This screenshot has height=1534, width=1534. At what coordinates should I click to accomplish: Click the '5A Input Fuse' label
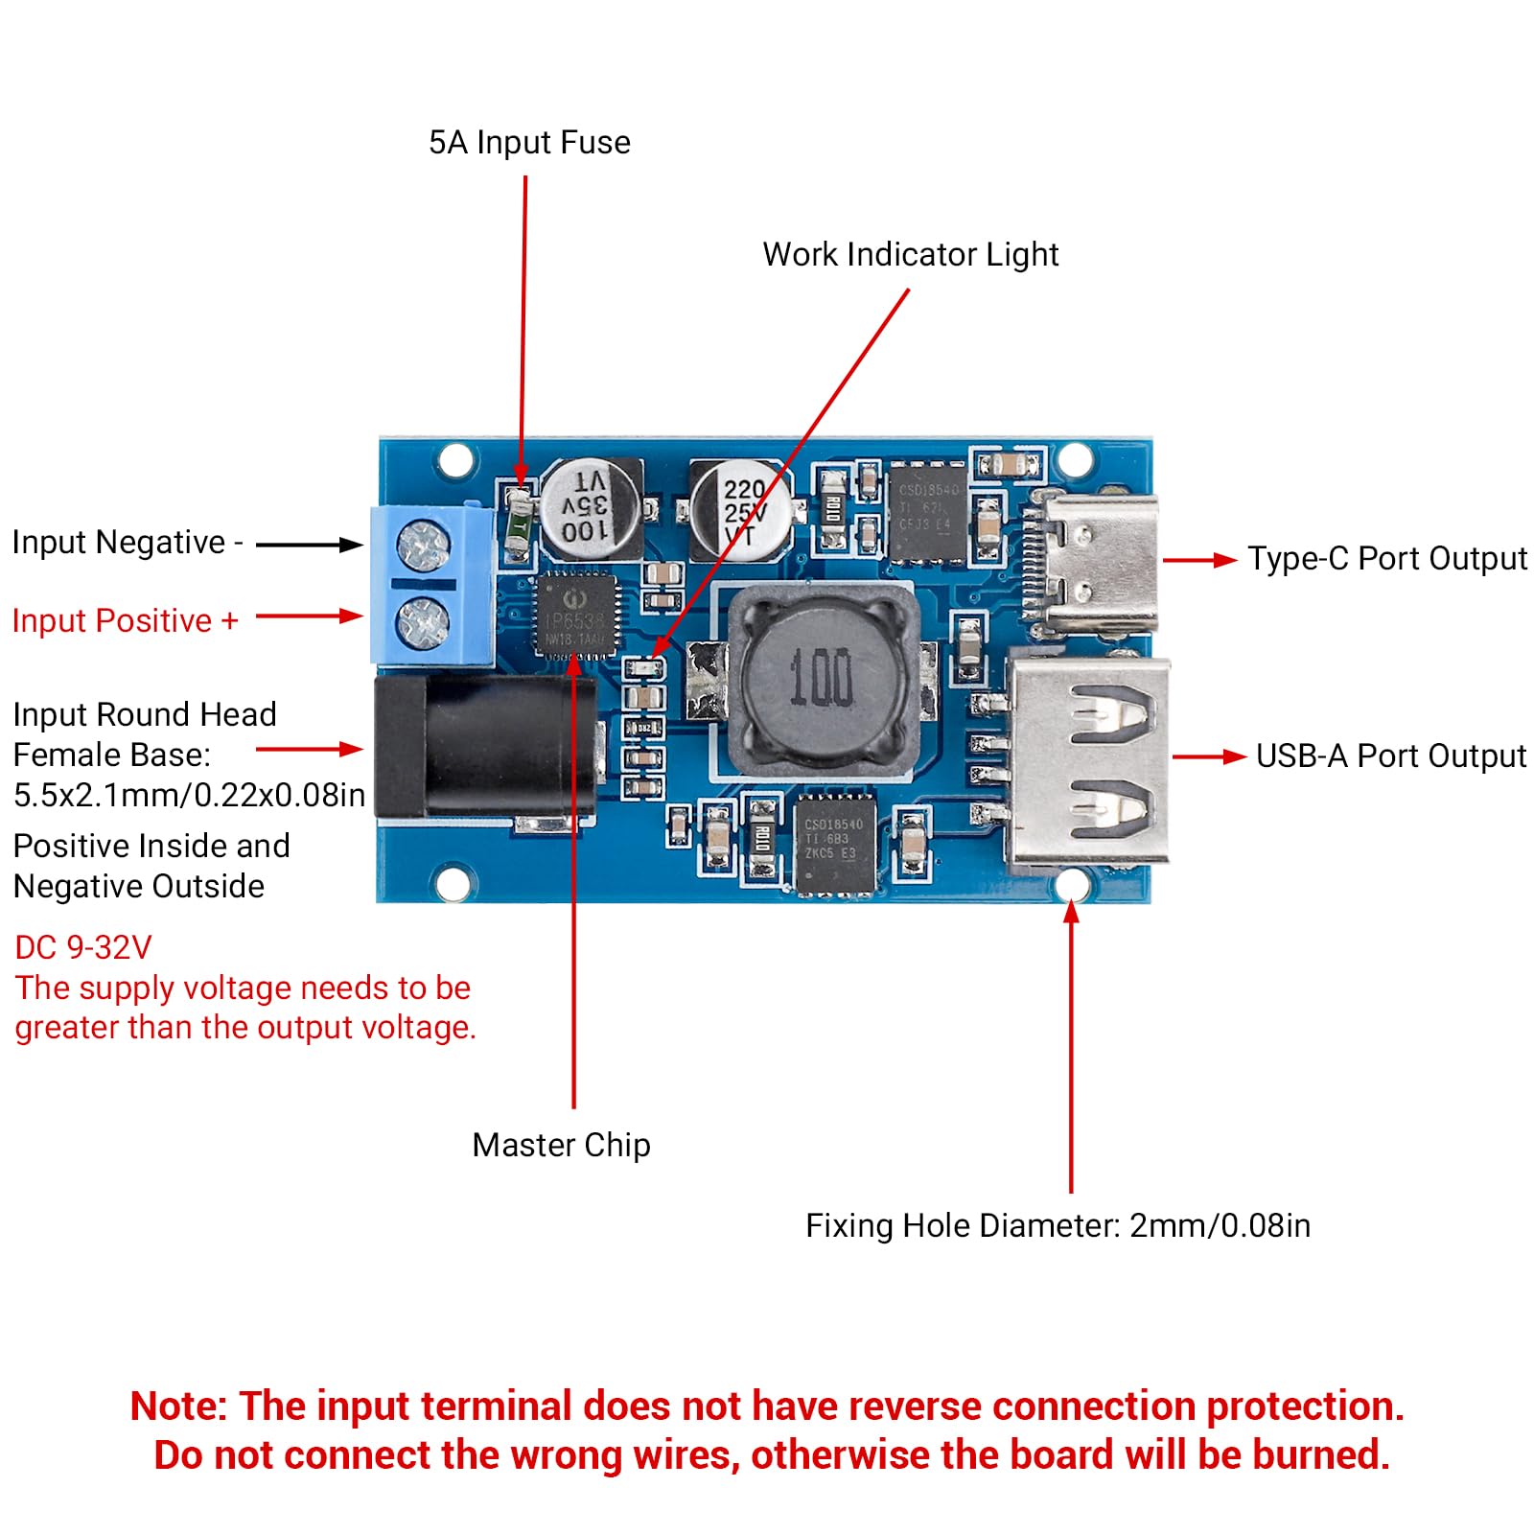(529, 143)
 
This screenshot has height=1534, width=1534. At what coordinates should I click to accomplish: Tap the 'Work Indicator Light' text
(910, 255)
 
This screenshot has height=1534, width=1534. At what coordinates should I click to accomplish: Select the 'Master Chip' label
(561, 1145)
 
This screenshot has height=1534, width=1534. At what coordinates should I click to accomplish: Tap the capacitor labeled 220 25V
(741, 511)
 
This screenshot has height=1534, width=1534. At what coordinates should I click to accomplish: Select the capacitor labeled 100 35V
(589, 508)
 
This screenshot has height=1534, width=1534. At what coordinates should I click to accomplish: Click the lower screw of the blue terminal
(423, 621)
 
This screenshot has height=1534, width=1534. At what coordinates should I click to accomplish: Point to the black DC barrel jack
(484, 748)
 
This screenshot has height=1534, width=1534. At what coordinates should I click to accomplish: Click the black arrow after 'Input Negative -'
(309, 545)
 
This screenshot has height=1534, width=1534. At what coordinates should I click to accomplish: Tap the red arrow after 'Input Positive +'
(309, 616)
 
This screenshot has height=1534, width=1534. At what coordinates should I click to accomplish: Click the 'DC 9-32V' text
(83, 947)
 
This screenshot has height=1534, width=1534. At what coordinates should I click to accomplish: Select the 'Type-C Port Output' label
(1386, 559)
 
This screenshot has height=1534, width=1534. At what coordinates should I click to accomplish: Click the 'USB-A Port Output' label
(1390, 756)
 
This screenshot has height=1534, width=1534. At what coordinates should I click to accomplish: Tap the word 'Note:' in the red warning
(178, 1406)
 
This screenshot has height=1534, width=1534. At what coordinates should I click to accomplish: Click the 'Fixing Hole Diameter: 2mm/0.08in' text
(1058, 1226)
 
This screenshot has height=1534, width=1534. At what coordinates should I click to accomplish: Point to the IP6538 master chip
(576, 614)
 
